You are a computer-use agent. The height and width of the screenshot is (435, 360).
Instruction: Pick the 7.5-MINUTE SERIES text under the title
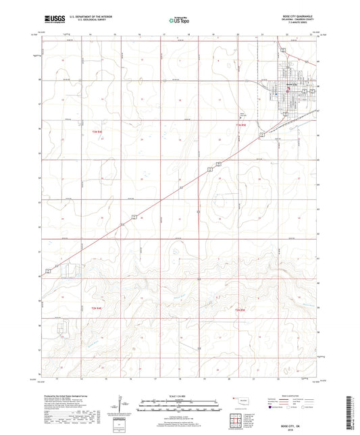click(302, 23)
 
